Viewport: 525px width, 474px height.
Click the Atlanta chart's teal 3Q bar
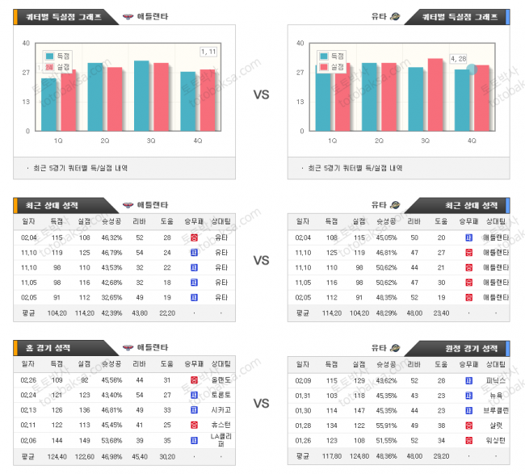click(x=141, y=95)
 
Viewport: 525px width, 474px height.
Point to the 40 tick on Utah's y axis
click(x=300, y=44)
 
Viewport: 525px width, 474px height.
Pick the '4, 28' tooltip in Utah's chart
click(x=459, y=58)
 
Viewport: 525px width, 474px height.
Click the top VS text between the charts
click(x=261, y=94)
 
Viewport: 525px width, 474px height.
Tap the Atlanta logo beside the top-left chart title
click(x=128, y=17)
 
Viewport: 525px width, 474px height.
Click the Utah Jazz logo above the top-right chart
click(x=395, y=17)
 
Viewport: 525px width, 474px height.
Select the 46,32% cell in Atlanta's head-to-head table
click(x=111, y=237)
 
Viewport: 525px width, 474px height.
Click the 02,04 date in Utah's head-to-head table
click(x=303, y=237)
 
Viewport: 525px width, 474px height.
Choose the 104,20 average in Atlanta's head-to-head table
click(x=57, y=313)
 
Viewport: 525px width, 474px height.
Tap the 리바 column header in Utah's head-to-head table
click(x=414, y=221)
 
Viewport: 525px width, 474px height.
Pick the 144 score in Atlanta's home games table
click(x=57, y=440)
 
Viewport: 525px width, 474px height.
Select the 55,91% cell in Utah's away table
click(x=385, y=424)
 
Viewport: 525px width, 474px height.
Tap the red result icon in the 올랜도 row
click(x=194, y=380)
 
